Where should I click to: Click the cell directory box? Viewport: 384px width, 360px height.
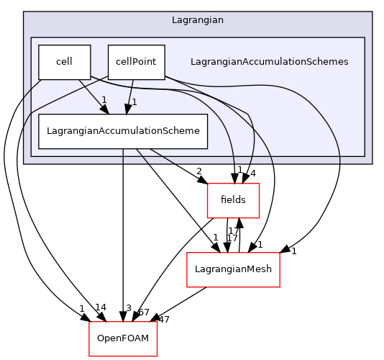[64, 62]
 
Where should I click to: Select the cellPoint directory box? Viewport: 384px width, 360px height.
[136, 62]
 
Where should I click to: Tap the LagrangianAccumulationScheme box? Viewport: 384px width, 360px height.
[123, 131]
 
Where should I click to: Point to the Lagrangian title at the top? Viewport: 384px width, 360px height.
[197, 20]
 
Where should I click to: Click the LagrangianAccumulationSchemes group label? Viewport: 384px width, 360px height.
[269, 62]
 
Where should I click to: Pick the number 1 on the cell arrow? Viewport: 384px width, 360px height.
[104, 100]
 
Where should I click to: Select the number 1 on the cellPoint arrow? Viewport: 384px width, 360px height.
[134, 102]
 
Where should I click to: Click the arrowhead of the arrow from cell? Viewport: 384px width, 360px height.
[105, 109]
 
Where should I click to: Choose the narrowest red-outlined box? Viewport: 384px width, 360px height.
[233, 200]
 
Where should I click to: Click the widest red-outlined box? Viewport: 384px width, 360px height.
[233, 269]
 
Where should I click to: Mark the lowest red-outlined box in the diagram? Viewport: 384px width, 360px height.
[123, 338]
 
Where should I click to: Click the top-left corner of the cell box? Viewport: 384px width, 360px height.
[39, 45]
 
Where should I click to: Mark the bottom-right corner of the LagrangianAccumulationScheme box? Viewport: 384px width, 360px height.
[207, 148]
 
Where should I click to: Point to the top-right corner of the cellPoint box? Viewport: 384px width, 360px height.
[165, 45]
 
